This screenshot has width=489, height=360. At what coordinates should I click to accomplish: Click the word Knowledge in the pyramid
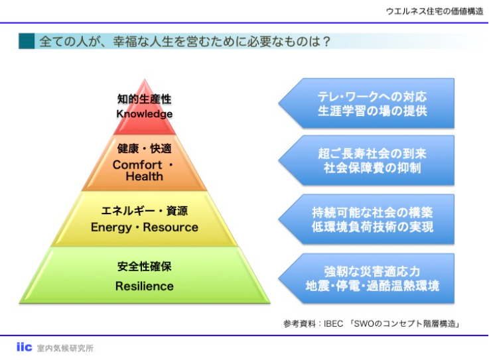144,113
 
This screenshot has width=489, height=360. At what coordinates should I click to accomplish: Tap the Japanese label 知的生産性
144,99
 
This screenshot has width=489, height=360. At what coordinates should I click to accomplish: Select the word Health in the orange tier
144,177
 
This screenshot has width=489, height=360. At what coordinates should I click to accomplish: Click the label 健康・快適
144,148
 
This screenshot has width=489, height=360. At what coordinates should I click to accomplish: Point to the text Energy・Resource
144,227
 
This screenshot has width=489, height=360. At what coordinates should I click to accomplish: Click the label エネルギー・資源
144,211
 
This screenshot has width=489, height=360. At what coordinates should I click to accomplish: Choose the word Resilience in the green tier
144,286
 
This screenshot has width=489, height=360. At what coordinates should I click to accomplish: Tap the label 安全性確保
144,267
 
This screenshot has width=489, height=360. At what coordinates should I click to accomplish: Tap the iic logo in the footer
24,347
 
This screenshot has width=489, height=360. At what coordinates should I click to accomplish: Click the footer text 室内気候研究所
65,348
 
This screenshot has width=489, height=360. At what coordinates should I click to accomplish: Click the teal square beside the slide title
26,41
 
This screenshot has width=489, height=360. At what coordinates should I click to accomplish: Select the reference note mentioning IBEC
372,324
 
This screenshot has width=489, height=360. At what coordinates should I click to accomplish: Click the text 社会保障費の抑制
372,168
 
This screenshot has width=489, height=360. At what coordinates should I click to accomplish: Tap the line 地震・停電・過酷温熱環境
372,286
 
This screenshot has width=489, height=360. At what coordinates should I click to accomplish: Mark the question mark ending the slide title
326,41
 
